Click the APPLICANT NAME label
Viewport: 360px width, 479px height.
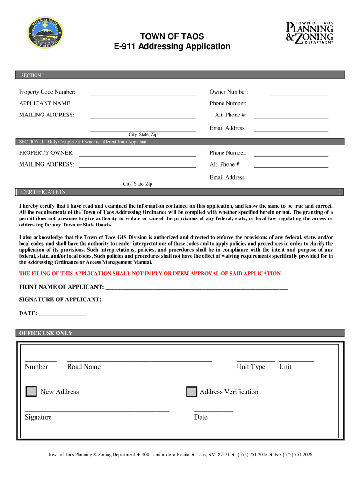pos(44,103)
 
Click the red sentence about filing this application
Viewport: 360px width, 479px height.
pos(150,273)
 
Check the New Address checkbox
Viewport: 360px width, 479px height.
pos(31,392)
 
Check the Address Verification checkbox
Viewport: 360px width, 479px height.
pos(192,392)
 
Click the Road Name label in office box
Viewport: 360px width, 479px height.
pos(84,367)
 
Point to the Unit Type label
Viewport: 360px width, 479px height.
pos(251,367)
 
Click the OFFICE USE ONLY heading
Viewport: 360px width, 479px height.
pos(45,333)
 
